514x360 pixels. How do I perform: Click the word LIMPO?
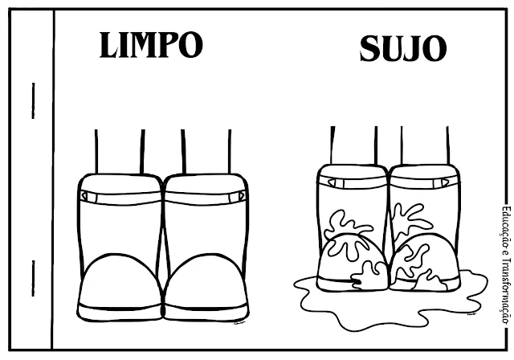(x=150, y=45)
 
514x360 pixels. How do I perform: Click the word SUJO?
(x=402, y=49)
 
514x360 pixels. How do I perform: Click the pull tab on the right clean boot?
(x=239, y=195)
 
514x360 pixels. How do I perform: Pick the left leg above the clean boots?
(x=120, y=150)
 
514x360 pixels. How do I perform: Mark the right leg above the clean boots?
(x=206, y=150)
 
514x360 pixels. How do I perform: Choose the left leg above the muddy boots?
(x=354, y=145)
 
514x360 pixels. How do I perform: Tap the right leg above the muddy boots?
(x=425, y=145)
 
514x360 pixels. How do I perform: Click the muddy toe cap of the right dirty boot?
(x=422, y=260)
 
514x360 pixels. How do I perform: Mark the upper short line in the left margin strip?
(x=33, y=101)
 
